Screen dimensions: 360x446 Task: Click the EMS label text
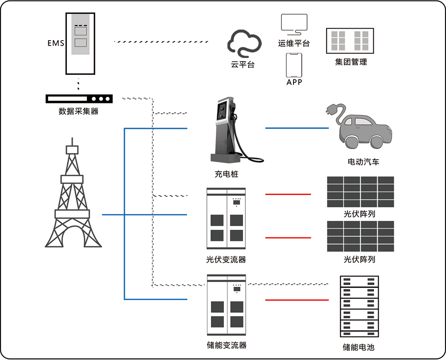click(x=56, y=43)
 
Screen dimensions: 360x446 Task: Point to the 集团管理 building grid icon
click(x=351, y=41)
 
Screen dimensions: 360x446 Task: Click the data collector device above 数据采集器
click(x=79, y=99)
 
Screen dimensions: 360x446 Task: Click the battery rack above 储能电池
click(x=359, y=306)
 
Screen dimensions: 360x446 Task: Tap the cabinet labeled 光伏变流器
click(x=226, y=219)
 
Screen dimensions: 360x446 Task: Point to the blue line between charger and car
click(x=297, y=128)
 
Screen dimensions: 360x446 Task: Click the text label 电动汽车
click(x=363, y=162)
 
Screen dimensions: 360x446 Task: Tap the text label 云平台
click(x=243, y=64)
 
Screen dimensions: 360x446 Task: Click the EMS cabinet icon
click(x=81, y=43)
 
